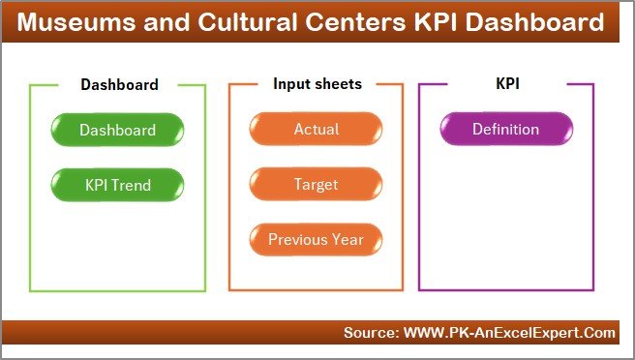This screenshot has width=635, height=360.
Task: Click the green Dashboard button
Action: (117, 130)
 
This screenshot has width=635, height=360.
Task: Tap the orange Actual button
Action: (316, 130)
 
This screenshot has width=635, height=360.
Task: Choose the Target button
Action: (316, 183)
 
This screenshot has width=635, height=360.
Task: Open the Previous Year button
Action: (316, 238)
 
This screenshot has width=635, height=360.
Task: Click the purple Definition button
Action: (505, 130)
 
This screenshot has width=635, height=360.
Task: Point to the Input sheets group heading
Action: (317, 84)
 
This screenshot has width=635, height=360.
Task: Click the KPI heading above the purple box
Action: (507, 84)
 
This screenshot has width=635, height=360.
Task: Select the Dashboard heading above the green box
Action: (119, 85)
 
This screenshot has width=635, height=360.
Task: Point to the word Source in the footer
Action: (369, 333)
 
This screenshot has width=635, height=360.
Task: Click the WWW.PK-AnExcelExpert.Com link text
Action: (508, 333)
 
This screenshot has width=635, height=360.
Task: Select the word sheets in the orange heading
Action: (337, 84)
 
